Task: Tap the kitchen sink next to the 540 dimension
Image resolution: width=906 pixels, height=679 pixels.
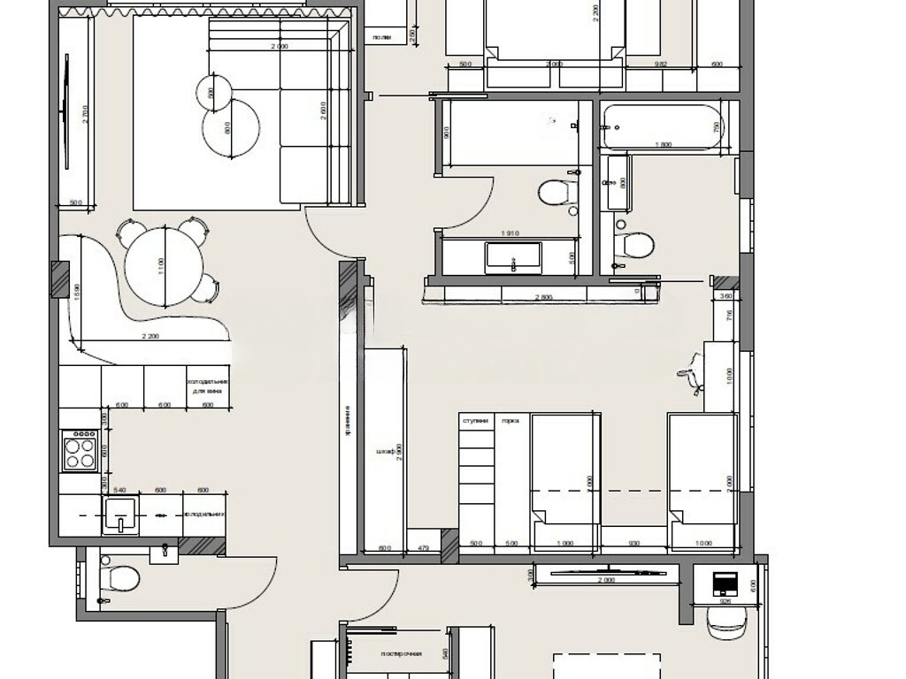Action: (x=119, y=514)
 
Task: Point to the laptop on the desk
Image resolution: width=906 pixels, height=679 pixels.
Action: (x=727, y=584)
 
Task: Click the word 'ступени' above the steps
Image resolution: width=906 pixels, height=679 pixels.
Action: (x=475, y=421)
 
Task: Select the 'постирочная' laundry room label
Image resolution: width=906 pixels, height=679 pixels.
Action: (x=401, y=654)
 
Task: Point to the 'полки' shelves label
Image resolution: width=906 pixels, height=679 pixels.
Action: (x=382, y=36)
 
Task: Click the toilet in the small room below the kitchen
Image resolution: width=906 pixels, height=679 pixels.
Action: (x=119, y=578)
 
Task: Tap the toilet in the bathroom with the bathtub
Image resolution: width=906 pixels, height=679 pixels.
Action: (x=633, y=243)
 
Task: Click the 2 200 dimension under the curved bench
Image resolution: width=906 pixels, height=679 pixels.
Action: (x=149, y=336)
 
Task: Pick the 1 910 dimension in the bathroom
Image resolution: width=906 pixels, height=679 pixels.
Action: (x=508, y=234)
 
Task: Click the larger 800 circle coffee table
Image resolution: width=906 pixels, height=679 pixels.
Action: (x=231, y=126)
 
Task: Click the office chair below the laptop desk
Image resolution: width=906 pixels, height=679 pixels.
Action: (x=728, y=623)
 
